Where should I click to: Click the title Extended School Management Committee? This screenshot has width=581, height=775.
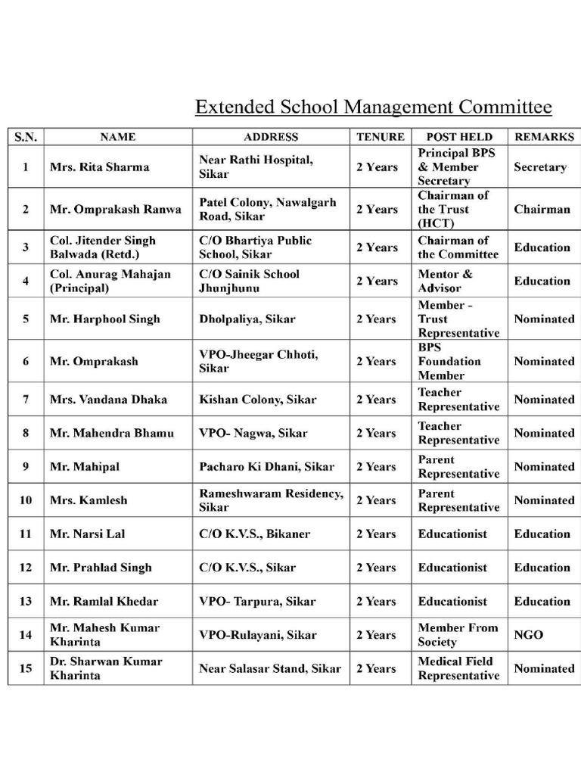(x=373, y=107)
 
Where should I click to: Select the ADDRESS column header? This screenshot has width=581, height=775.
(x=271, y=137)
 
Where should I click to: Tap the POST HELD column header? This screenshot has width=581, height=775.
(x=459, y=137)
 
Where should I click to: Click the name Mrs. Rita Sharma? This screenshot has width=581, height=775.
(x=100, y=167)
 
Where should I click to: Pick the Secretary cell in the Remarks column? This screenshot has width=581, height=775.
(x=540, y=167)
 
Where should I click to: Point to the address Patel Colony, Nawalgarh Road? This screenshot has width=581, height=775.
(x=267, y=210)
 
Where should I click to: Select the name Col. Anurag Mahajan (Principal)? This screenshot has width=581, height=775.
(x=110, y=281)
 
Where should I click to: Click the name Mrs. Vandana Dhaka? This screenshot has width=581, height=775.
(x=109, y=400)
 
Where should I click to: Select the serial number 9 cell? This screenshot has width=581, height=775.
(x=26, y=467)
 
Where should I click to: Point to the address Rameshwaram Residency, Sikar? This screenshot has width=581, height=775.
(x=270, y=500)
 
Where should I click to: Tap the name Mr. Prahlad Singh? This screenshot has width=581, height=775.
(x=101, y=568)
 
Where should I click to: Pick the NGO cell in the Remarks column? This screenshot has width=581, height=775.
(x=529, y=635)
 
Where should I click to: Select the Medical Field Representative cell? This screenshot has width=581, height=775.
(x=458, y=668)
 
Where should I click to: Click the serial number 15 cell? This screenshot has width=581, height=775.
(x=26, y=668)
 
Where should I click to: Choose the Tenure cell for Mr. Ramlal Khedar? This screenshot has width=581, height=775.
(x=377, y=602)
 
